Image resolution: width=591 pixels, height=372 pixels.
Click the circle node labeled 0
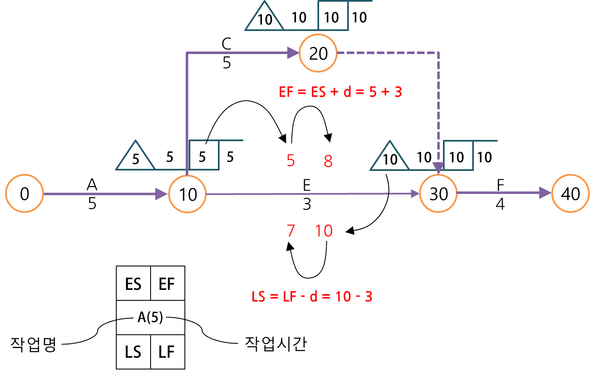pos(24,194)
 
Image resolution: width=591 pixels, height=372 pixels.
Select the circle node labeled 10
pos(187,194)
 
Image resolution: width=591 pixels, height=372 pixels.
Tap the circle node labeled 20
pos(318,53)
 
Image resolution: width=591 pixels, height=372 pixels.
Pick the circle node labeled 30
pos(438,194)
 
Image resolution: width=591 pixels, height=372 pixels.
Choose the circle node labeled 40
pos(570,194)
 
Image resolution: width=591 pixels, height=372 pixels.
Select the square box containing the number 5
pos(204,155)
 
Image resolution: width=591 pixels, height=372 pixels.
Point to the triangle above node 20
pos(264,18)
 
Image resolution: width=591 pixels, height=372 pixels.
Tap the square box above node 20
pos(333,16)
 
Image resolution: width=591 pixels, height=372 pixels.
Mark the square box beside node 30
pos(458,156)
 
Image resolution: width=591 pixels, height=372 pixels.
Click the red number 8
pos(328,161)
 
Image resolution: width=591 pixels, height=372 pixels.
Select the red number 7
pos(291,231)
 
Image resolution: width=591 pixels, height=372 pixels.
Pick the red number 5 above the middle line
pos(291,160)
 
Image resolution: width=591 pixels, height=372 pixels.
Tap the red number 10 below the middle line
pos(324,231)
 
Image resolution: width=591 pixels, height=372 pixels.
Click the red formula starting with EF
pos(340,92)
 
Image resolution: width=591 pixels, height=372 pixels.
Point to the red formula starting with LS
pos(312,297)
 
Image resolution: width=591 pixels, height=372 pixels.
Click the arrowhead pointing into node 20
pos(293,53)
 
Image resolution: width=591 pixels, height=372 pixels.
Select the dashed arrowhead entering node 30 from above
pos(438,168)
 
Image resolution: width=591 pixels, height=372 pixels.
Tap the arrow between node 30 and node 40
pos(504,193)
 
